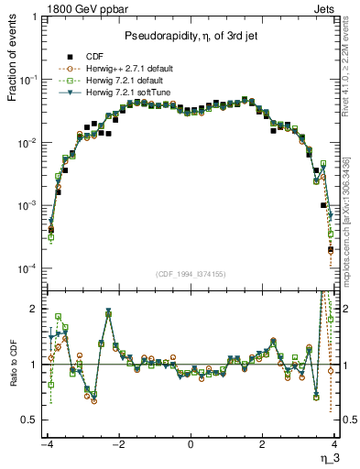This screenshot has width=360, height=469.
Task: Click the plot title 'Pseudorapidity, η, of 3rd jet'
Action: point(191,35)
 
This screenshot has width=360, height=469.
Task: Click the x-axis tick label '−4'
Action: point(48,444)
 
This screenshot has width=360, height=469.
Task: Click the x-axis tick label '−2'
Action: point(118,444)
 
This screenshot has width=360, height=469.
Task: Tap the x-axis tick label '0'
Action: point(191,444)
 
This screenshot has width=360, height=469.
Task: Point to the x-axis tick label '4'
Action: point(334,444)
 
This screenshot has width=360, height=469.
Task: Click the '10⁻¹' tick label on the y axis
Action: point(30,81)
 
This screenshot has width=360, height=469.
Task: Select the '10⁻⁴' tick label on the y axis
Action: point(30,268)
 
